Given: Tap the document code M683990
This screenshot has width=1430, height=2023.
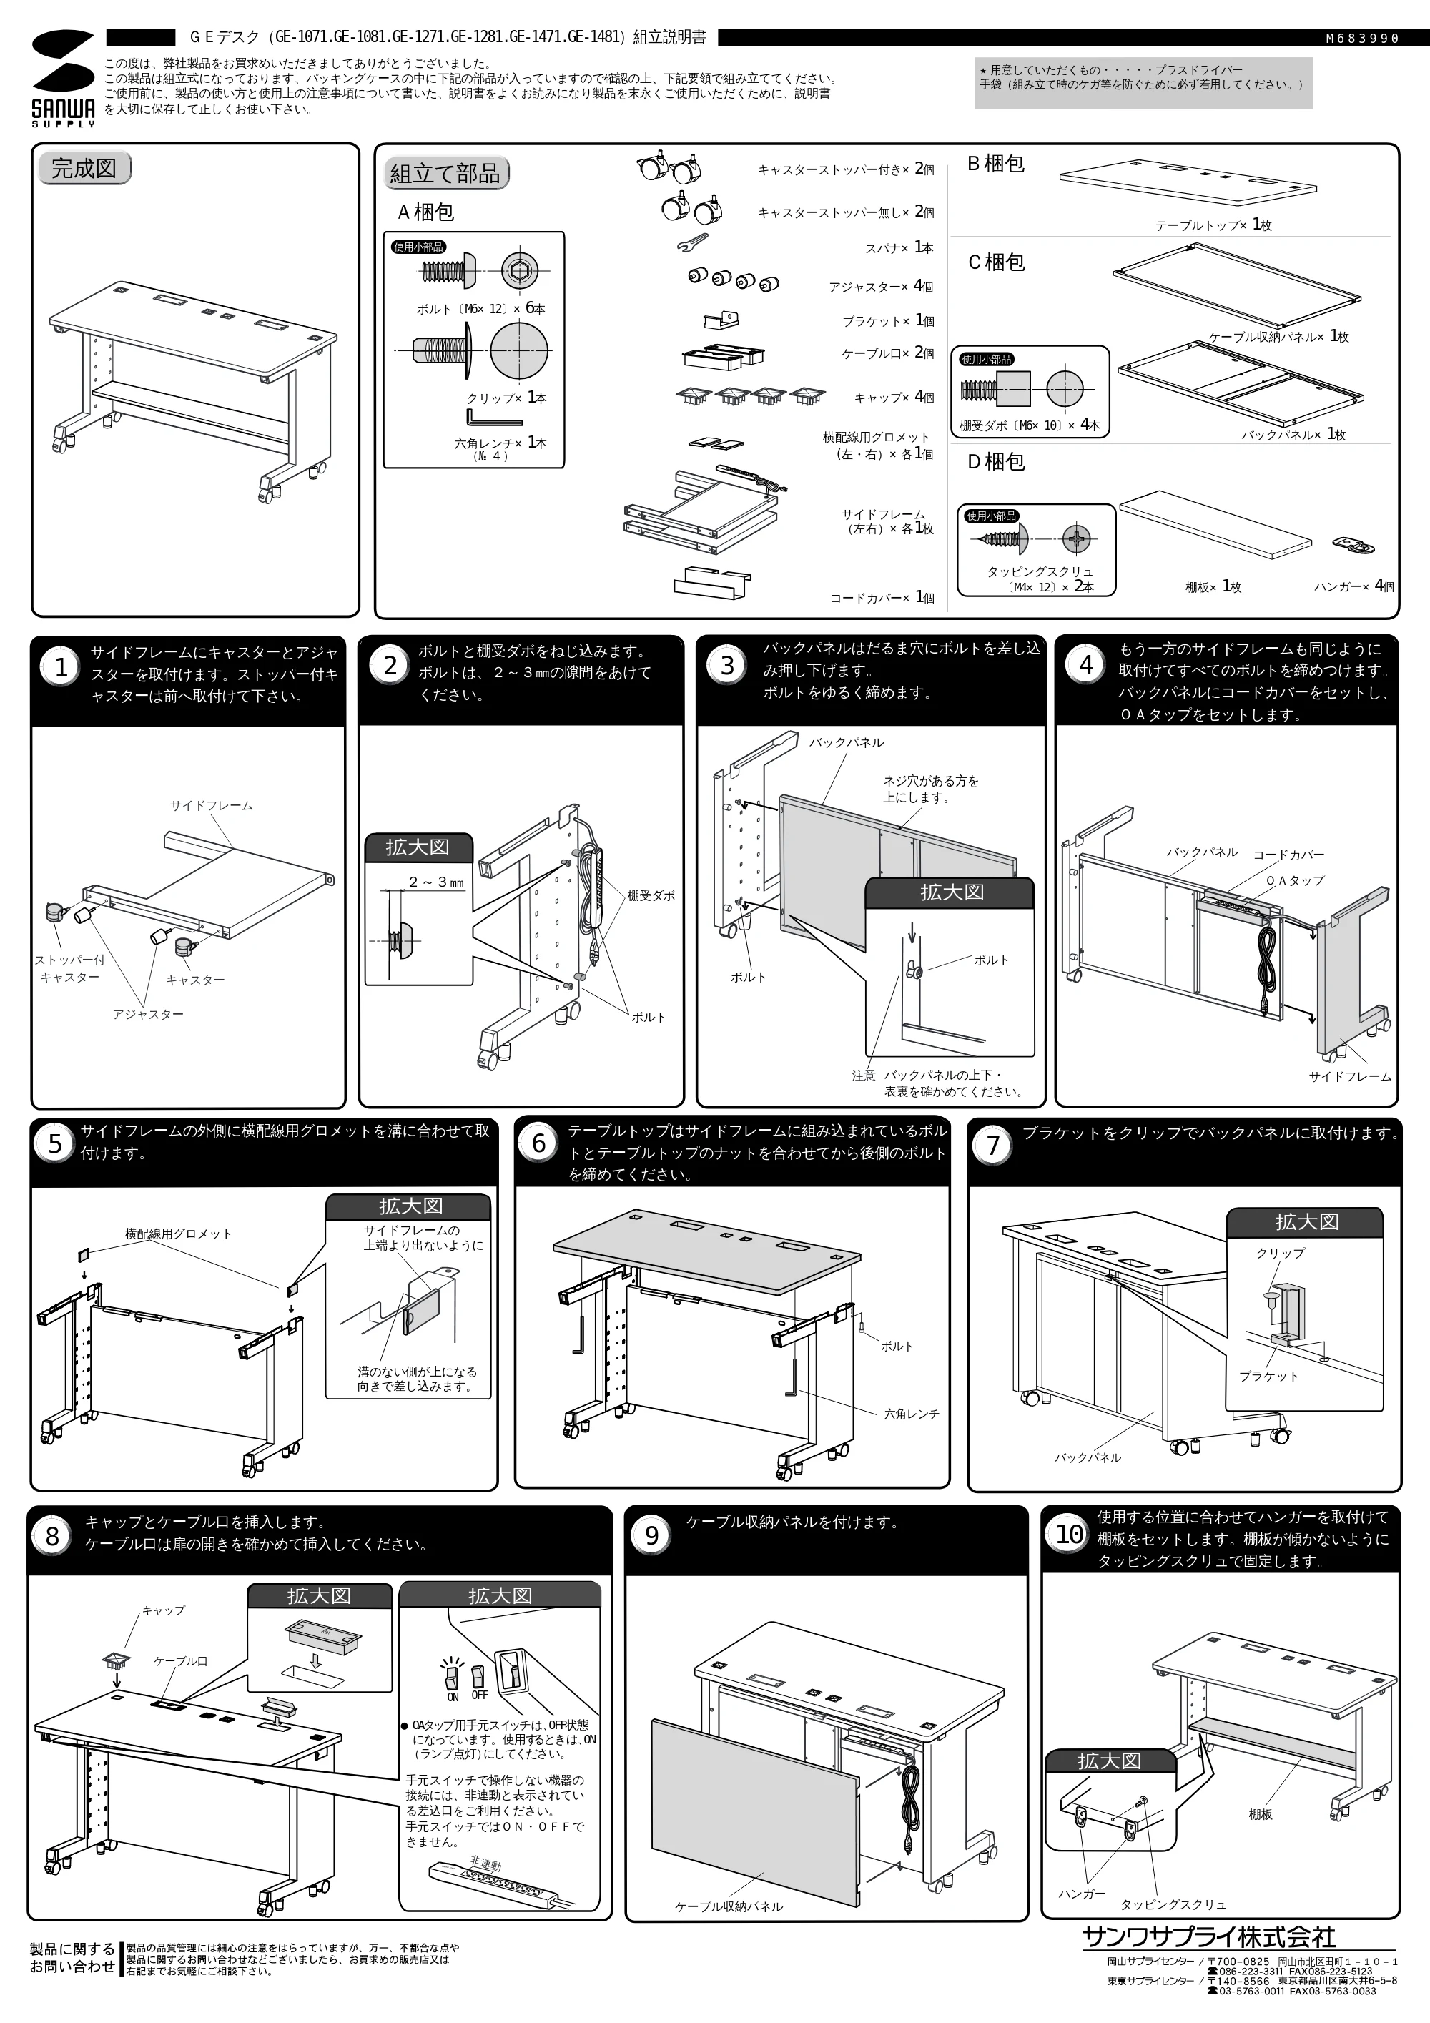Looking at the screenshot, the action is [x=1362, y=39].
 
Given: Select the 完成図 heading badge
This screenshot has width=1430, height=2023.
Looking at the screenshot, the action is [x=84, y=168].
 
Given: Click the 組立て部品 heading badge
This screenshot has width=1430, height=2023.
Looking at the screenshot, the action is [x=446, y=174].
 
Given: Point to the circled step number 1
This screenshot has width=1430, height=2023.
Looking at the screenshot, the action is [x=61, y=668].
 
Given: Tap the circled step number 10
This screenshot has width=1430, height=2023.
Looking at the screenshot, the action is [x=1069, y=1534].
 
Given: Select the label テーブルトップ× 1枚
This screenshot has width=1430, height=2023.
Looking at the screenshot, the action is [x=1213, y=225].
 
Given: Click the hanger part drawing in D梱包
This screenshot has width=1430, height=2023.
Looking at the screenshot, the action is [x=1354, y=546].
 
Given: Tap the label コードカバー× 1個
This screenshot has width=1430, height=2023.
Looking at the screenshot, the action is [x=882, y=597].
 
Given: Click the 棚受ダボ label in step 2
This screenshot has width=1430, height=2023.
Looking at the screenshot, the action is [x=651, y=895].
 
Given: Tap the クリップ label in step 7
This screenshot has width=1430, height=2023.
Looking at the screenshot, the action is [x=1281, y=1252].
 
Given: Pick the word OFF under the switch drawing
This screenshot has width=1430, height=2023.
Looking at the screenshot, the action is [x=479, y=1694].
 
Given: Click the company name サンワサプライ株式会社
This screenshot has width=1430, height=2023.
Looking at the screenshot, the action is [x=1209, y=1936].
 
